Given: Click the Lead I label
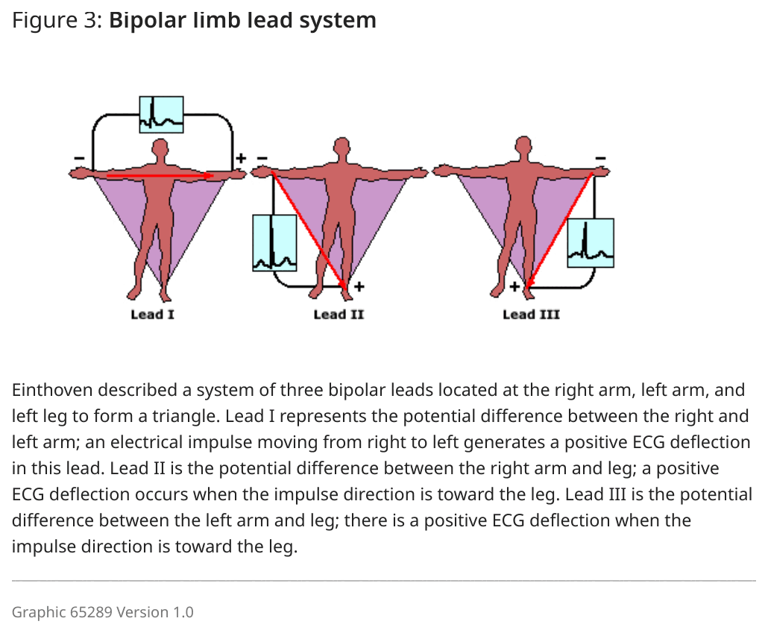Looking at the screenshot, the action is click(152, 315).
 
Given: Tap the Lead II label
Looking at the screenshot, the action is click(339, 315).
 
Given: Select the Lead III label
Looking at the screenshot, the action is click(531, 315).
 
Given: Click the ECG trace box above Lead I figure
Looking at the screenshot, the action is click(162, 115).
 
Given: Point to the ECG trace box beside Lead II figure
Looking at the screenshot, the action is click(275, 243).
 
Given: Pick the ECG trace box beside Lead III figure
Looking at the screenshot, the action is click(591, 243).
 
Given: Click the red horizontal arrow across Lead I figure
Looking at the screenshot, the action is click(160, 175).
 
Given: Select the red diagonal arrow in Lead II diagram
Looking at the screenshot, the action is click(309, 230).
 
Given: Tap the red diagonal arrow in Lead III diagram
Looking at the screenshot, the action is click(559, 230).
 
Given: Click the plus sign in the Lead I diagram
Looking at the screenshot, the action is click(241, 158).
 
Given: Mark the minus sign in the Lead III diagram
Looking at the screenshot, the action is click(601, 158).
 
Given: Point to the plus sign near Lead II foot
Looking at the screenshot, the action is click(359, 286).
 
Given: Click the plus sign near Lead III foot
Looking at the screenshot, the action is click(514, 286).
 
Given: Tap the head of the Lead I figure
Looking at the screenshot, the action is click(160, 148).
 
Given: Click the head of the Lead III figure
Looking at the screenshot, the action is click(523, 145).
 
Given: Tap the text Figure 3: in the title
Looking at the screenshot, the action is click(57, 21).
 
